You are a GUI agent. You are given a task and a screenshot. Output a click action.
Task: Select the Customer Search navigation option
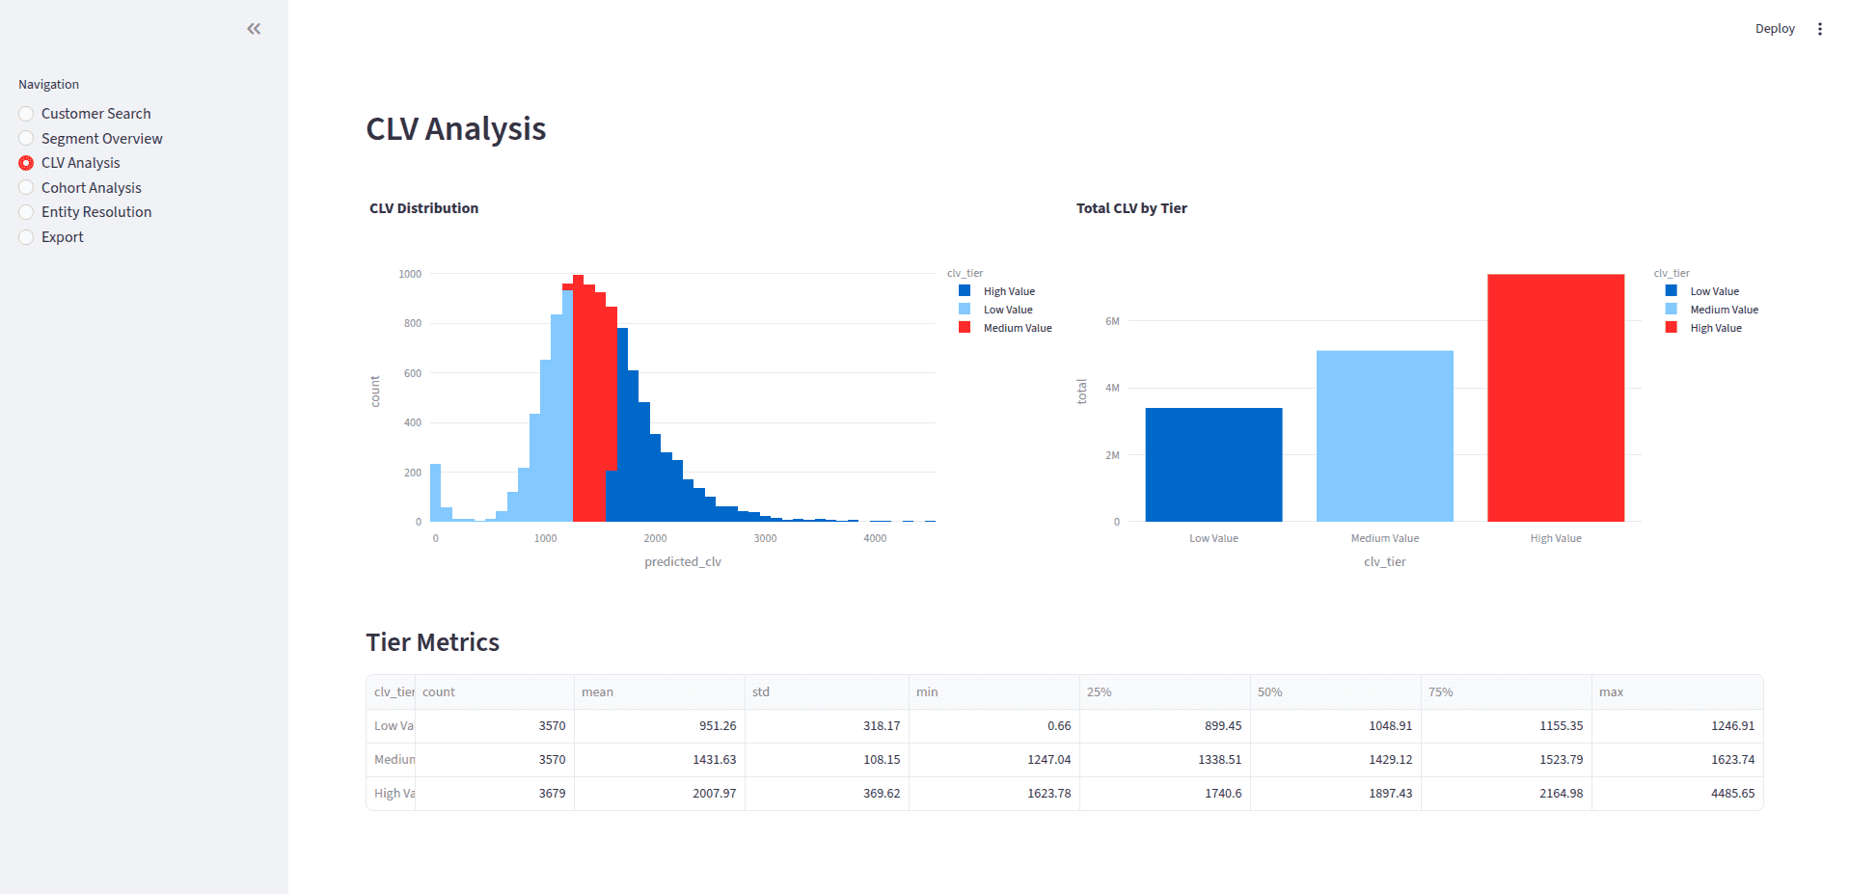click(x=95, y=114)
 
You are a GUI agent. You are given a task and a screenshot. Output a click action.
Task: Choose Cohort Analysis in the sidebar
click(x=91, y=188)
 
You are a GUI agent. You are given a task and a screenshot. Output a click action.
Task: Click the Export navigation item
click(x=62, y=237)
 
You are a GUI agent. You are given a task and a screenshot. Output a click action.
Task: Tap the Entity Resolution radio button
click(x=26, y=212)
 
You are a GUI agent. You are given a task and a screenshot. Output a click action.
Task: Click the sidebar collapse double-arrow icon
click(x=254, y=29)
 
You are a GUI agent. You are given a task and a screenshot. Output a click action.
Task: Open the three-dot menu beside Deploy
click(x=1819, y=29)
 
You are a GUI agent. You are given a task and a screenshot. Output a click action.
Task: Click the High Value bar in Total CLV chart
click(x=1555, y=397)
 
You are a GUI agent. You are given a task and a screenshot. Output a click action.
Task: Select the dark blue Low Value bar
click(x=1213, y=465)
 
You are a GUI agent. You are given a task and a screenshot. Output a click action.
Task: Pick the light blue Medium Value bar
click(x=1384, y=436)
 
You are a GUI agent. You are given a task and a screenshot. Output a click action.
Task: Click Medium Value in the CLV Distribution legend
click(x=1017, y=328)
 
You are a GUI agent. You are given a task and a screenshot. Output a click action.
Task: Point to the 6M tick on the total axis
click(x=1112, y=321)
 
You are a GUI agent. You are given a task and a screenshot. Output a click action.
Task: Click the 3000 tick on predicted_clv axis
click(x=765, y=538)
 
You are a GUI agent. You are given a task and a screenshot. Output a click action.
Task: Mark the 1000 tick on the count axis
click(x=410, y=274)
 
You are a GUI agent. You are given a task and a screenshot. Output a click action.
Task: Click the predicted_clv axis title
click(x=683, y=562)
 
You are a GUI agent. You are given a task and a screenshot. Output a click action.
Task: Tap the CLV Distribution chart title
click(x=423, y=208)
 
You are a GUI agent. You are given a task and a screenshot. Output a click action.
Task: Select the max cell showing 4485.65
click(x=1732, y=794)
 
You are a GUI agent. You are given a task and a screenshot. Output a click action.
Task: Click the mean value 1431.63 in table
click(x=714, y=760)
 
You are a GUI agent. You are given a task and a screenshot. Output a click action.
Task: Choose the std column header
click(x=761, y=692)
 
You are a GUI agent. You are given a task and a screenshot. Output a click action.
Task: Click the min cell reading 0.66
click(x=1059, y=726)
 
